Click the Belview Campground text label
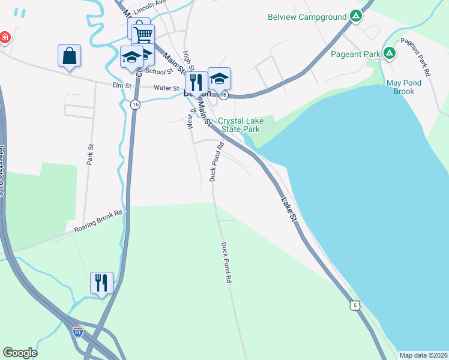pos(307,17)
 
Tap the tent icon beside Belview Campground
pos(357,16)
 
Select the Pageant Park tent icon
pos(390,54)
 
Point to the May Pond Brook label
pos(404,87)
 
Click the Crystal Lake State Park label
pos(240,125)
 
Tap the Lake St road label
pos(289,208)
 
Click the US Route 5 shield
pos(356,305)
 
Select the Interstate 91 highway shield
pos(77,331)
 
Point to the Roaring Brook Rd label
pos(98,221)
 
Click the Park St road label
pos(91,155)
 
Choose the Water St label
pos(167,88)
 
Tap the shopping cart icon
pos(143,35)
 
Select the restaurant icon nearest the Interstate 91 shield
pos(101,282)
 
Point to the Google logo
pos(20,353)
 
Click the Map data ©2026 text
pos(423,355)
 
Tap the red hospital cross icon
pos(5,38)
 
